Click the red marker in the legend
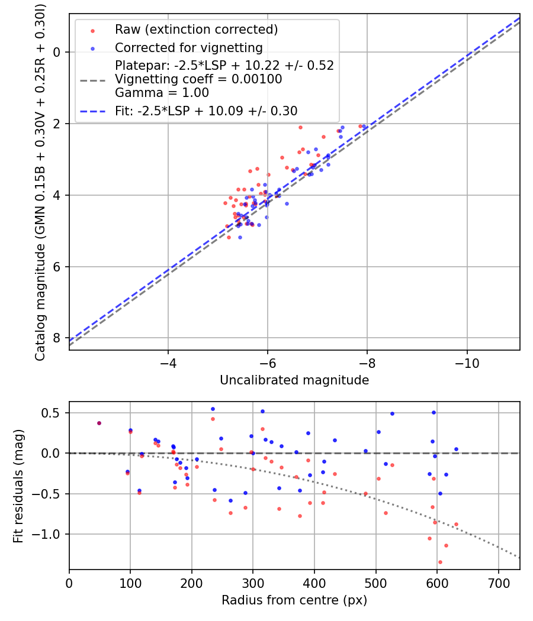tap(93, 31)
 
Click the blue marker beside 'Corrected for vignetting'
tap(93, 48)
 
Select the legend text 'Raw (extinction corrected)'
tap(196, 30)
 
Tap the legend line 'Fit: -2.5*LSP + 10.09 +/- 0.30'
tap(206, 111)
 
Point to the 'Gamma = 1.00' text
tap(162, 93)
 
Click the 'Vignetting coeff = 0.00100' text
tap(198, 79)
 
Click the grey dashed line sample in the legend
tap(93, 81)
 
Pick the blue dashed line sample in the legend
tap(93, 112)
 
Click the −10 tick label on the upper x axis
tap(467, 363)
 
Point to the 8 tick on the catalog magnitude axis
tap(56, 338)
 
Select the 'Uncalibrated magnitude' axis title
tap(294, 380)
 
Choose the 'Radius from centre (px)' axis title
tap(294, 600)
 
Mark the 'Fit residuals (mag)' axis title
tap(18, 486)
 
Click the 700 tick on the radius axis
tap(498, 583)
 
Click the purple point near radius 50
tap(99, 423)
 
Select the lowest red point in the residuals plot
tap(440, 562)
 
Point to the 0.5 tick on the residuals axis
tap(51, 413)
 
